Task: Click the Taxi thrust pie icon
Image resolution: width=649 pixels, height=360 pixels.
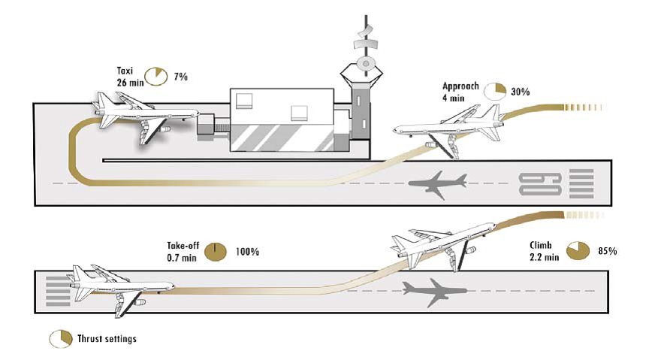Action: coord(156,76)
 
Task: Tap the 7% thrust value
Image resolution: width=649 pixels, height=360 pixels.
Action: coord(181,77)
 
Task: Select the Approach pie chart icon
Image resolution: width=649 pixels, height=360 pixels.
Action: coord(495,91)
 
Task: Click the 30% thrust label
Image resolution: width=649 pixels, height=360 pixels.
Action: coord(521,92)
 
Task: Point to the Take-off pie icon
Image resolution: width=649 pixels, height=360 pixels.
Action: coord(216,251)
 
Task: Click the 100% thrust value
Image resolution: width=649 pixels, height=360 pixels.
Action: coord(247,252)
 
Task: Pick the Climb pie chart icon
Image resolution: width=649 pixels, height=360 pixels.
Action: coord(578,250)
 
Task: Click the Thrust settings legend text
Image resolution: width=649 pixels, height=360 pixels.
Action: coord(107,339)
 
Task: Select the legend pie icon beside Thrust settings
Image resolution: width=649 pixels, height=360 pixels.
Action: coord(61,339)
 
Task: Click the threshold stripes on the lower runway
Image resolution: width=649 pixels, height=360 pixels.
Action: coord(56,286)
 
